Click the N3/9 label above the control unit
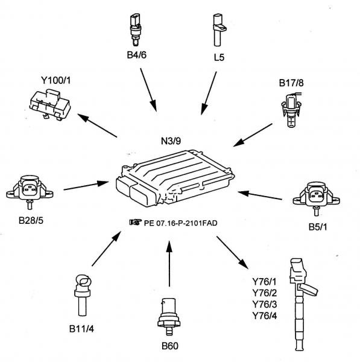click(x=171, y=141)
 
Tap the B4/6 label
click(x=136, y=55)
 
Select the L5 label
click(x=219, y=57)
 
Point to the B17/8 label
click(x=291, y=83)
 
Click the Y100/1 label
click(x=56, y=80)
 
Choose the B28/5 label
click(x=31, y=220)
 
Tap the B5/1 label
click(x=318, y=227)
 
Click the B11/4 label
click(x=81, y=329)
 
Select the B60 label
click(x=170, y=346)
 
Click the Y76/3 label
click(x=265, y=304)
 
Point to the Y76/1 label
click(x=264, y=282)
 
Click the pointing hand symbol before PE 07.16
click(x=135, y=222)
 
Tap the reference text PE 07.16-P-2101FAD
click(x=181, y=223)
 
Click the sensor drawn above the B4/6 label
click(x=135, y=30)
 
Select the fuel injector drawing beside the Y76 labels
click(x=301, y=304)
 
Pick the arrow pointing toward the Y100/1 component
click(x=97, y=125)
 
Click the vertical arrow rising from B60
click(x=169, y=264)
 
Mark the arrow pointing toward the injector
click(x=232, y=253)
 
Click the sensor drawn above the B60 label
click(x=169, y=317)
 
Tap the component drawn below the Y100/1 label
click(x=50, y=105)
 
